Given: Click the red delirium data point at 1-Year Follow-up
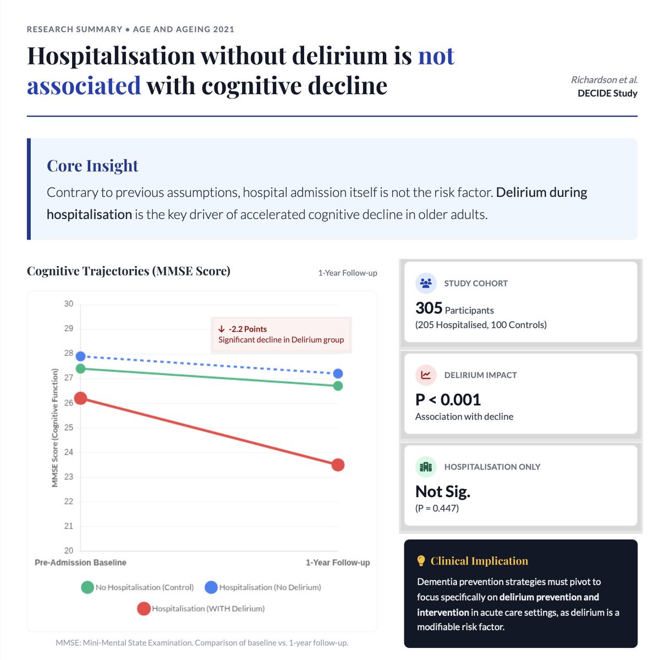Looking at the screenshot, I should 338,465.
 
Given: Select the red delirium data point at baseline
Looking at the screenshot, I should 80,398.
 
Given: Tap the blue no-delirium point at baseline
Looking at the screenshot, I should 80,356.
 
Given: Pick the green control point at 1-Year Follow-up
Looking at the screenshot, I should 338,386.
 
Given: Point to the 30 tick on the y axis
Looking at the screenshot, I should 68,304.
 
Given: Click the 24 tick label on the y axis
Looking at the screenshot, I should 68,452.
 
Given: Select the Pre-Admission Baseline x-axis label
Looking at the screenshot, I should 80,563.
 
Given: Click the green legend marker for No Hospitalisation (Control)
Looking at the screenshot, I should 87,587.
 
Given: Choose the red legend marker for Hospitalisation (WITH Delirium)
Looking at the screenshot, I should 144,609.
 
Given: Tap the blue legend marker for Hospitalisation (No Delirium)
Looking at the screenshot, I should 211,587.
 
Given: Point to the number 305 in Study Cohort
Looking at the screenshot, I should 429,309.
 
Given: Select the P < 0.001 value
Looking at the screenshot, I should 448,400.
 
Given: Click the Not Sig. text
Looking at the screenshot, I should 442,491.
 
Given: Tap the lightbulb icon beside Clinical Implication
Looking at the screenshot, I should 421,561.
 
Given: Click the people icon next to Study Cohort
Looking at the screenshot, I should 426,283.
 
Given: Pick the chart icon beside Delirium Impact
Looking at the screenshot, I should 426,375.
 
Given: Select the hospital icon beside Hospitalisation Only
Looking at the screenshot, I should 426,467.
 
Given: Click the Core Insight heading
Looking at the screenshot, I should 92,166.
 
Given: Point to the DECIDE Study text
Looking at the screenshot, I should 607,94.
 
